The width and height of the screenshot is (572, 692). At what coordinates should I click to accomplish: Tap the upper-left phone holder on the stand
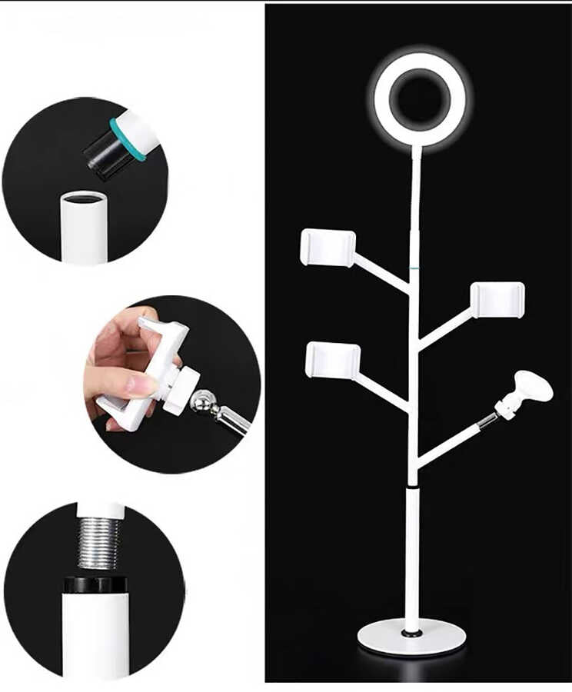click(328, 248)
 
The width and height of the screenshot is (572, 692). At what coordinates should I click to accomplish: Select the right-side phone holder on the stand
click(498, 299)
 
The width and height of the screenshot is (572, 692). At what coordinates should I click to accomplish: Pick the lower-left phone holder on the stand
click(333, 360)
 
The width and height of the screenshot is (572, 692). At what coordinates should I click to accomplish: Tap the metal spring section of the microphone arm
click(487, 419)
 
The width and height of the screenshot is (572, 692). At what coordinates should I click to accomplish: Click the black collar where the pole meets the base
click(412, 633)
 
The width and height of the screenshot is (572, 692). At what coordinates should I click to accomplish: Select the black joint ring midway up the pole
click(414, 487)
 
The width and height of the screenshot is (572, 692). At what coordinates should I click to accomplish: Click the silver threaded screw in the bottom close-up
click(98, 542)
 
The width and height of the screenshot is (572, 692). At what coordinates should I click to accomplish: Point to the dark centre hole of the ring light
click(421, 99)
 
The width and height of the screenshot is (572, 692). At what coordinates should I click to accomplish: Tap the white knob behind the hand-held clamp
click(183, 388)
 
